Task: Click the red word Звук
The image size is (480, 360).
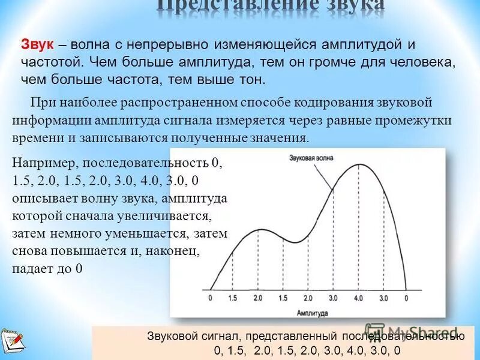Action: click(x=38, y=45)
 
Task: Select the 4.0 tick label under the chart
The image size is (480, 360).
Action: click(x=358, y=298)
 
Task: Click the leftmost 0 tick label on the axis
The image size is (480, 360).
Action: click(x=210, y=298)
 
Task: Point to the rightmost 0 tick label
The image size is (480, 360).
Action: click(x=407, y=298)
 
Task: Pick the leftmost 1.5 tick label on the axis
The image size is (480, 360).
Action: click(x=233, y=298)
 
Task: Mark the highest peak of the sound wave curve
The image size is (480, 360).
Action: click(x=359, y=164)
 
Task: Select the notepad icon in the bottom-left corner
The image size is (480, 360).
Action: click(x=12, y=341)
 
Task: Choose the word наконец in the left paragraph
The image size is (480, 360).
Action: click(x=178, y=252)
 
